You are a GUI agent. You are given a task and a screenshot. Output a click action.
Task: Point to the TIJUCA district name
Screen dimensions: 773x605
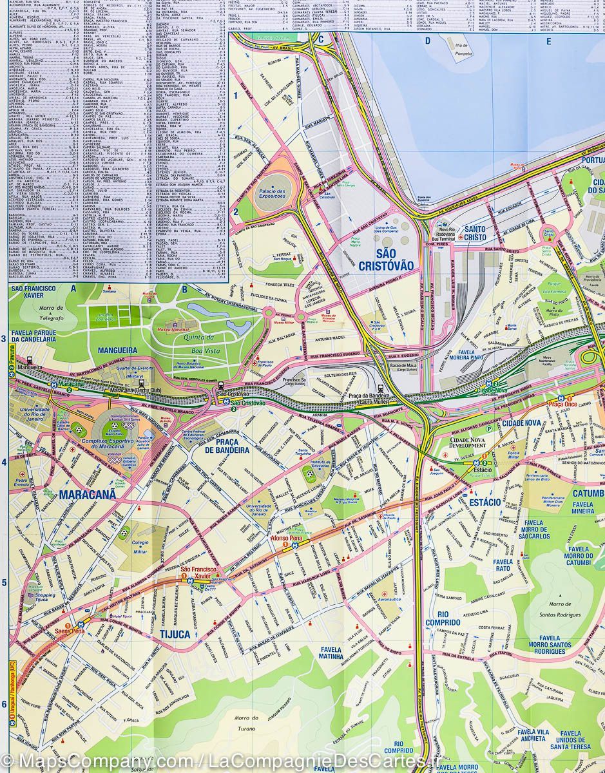175,634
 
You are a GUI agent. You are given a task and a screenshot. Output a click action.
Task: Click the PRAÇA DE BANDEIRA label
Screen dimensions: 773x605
227,446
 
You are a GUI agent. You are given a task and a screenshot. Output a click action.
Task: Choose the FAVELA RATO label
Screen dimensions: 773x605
503,565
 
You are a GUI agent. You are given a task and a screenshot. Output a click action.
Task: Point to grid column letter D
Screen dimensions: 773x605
427,41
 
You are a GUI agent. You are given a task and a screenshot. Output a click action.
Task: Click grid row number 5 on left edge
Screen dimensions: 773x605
4,583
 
